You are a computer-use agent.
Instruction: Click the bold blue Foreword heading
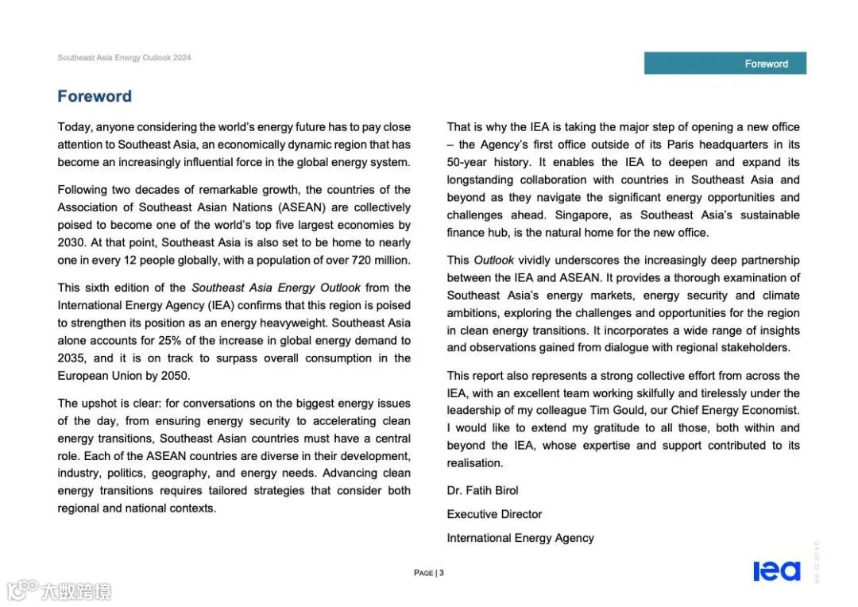pyautogui.click(x=95, y=97)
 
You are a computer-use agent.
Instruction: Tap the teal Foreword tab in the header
pyautogui.click(x=725, y=64)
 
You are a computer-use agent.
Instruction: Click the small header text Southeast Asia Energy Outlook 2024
pyautogui.click(x=124, y=58)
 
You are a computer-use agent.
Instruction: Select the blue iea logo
pyautogui.click(x=776, y=571)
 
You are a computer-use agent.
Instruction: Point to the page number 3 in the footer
pyautogui.click(x=442, y=573)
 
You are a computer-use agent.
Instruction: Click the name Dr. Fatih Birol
pyautogui.click(x=482, y=490)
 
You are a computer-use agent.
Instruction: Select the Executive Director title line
pyautogui.click(x=494, y=514)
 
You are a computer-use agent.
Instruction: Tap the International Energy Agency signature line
pyautogui.click(x=520, y=538)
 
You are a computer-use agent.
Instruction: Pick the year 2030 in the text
pyautogui.click(x=71, y=243)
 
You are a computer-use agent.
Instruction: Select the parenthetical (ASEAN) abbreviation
pyautogui.click(x=300, y=207)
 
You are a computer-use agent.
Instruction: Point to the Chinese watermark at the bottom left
pyautogui.click(x=60, y=590)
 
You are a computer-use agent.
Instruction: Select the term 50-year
pyautogui.click(x=467, y=162)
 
